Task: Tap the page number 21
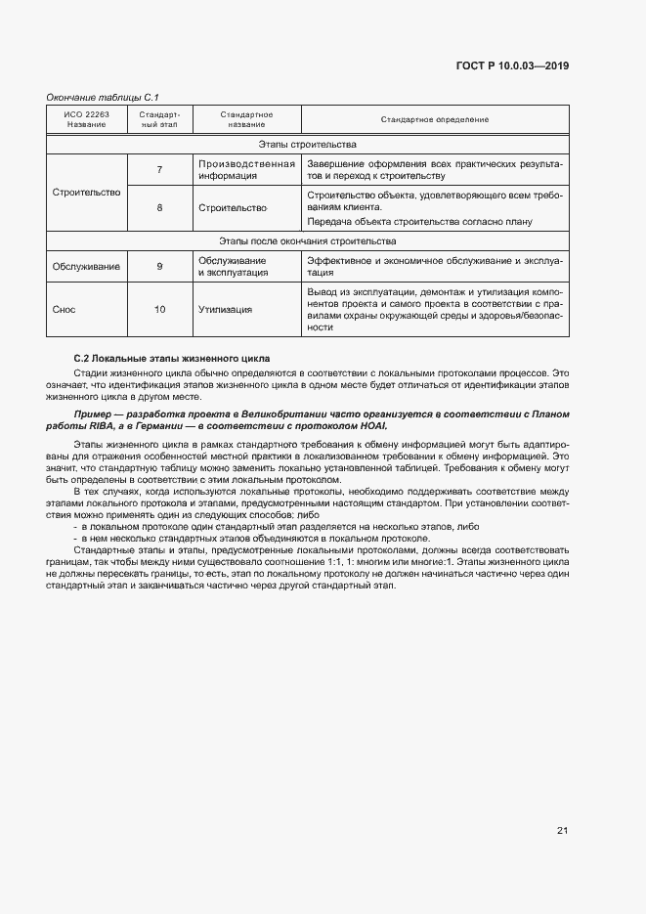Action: coord(562,831)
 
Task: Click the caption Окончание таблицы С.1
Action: coord(103,98)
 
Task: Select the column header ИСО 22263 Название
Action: coord(87,119)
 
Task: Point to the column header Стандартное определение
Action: coord(435,119)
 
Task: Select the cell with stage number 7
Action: coord(159,170)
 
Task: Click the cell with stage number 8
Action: coord(159,208)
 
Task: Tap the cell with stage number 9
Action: coord(159,267)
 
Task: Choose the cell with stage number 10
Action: coord(159,310)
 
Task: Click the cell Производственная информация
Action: coord(245,170)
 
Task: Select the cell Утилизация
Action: coord(225,310)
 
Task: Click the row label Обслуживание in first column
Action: coord(86,267)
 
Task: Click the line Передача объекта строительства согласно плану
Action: coord(426,221)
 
